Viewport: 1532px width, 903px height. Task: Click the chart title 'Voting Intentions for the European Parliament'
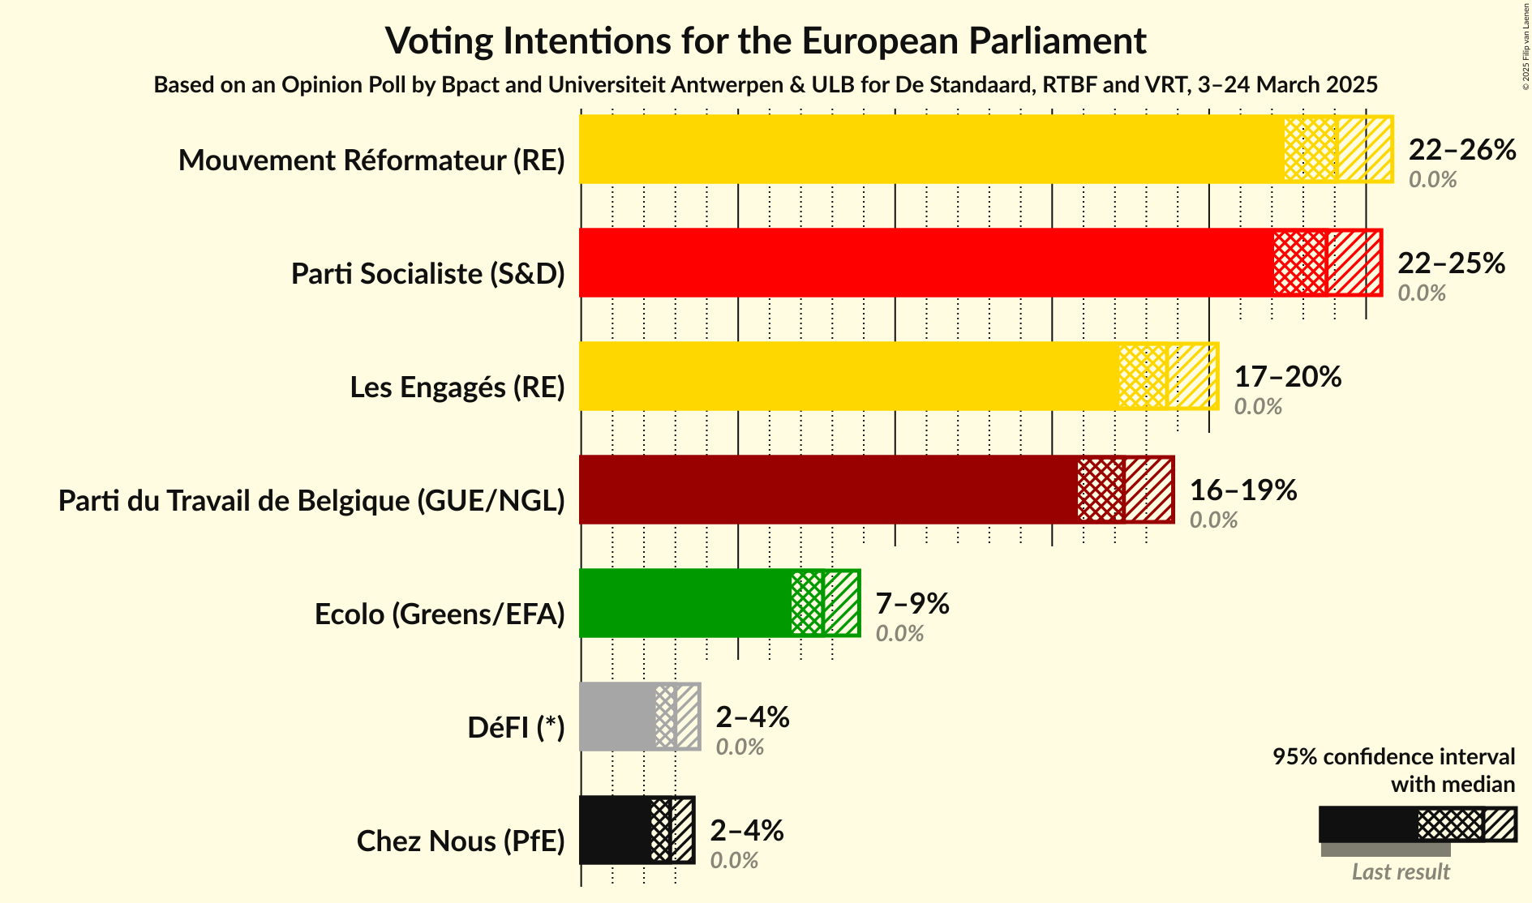click(x=766, y=41)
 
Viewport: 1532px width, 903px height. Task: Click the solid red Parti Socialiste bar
click(x=925, y=263)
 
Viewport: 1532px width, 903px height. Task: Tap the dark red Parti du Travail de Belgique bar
click(x=828, y=490)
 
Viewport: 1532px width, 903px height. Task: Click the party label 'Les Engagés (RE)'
click(x=457, y=387)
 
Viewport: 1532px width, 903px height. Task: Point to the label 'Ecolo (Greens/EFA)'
click(x=439, y=614)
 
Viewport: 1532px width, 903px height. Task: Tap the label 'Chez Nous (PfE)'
click(x=460, y=841)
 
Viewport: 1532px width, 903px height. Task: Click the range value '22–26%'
click(x=1461, y=150)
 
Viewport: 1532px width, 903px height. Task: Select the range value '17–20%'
click(x=1287, y=377)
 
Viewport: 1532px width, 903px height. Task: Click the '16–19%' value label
click(x=1242, y=490)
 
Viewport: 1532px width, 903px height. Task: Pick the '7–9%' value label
click(x=912, y=604)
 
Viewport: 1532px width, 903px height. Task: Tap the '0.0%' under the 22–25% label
click(x=1421, y=293)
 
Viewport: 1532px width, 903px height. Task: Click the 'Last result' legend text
click(x=1400, y=872)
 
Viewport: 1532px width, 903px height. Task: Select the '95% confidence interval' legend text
click(x=1393, y=757)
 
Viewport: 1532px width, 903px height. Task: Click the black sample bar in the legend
click(x=1367, y=824)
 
